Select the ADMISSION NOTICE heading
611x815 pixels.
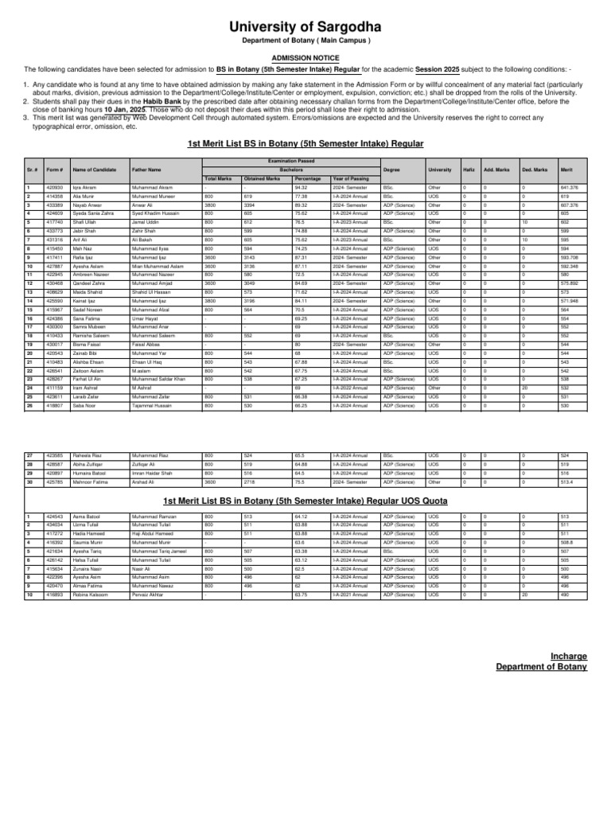point(305,58)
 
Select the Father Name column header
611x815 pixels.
point(146,170)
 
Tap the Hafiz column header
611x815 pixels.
point(468,170)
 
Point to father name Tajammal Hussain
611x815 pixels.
point(151,406)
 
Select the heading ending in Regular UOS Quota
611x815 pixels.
point(305,501)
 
